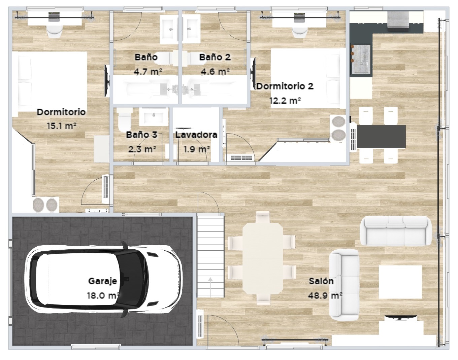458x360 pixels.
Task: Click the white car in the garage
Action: coord(104,279)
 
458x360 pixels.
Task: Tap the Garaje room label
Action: coord(102,281)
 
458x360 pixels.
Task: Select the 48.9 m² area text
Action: coord(325,295)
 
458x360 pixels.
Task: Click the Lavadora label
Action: coord(196,135)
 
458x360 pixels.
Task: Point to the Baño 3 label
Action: coord(141,135)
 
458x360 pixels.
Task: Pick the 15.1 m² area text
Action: coord(61,126)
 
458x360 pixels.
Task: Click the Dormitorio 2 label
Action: coord(285,86)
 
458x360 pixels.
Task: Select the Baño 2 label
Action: coord(215,57)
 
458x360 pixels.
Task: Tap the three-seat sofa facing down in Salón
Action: coord(396,231)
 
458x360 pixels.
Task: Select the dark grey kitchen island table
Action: coord(381,136)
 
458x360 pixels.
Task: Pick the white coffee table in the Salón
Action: coord(400,282)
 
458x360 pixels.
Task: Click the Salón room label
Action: coord(321,281)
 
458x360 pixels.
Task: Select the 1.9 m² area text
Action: coord(197,149)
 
